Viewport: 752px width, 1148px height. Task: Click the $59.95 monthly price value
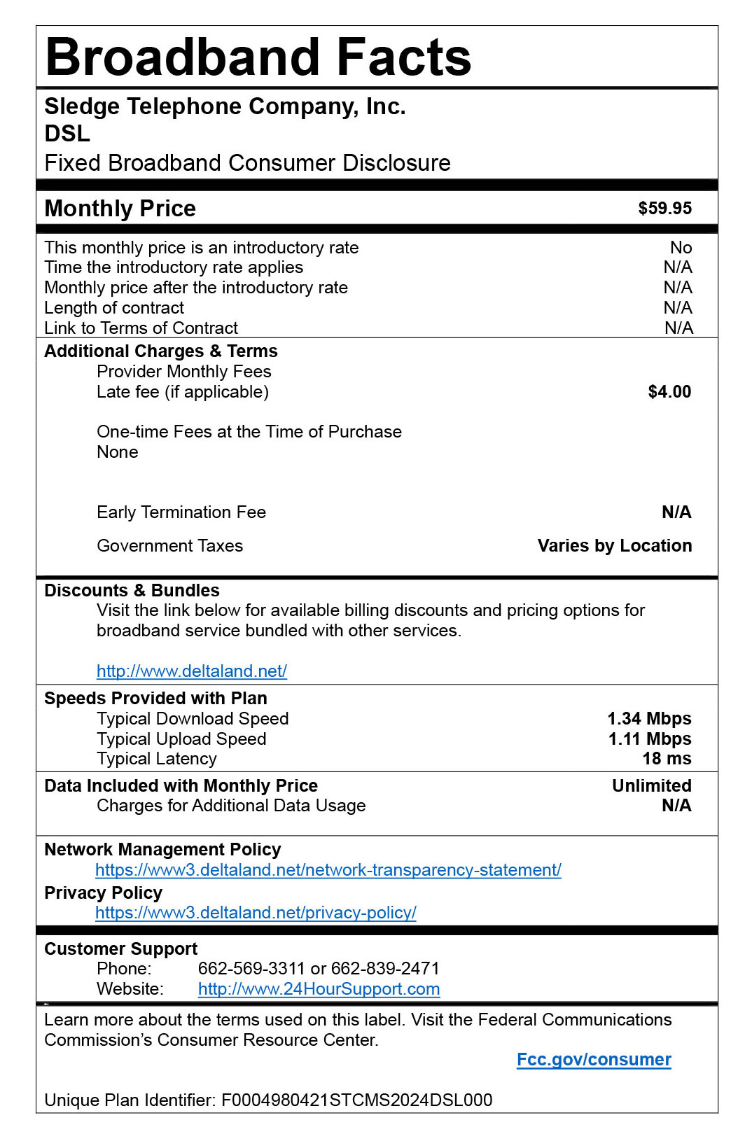click(x=664, y=209)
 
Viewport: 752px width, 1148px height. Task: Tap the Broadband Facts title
click(x=258, y=57)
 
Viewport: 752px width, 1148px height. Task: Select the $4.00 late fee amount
click(x=669, y=392)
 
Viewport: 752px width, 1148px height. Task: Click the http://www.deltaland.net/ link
click(x=191, y=671)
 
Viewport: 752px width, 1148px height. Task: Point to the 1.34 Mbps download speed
click(x=648, y=719)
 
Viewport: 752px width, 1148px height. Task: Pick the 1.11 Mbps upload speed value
click(x=649, y=739)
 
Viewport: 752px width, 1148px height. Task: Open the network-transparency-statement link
click(x=328, y=870)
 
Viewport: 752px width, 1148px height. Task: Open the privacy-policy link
click(x=256, y=913)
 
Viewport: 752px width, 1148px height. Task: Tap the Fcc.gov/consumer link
click(x=593, y=1060)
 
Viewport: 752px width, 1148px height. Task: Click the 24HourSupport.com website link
click(x=319, y=989)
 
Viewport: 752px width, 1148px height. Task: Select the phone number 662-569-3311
click(x=251, y=969)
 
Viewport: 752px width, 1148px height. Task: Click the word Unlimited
click(x=651, y=786)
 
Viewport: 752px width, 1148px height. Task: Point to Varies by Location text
click(x=614, y=546)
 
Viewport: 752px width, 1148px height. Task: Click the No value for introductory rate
click(x=680, y=248)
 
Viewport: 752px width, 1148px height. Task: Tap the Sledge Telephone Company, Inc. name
click(x=225, y=106)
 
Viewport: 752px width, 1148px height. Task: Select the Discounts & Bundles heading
click(x=132, y=591)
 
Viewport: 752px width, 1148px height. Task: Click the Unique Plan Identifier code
click(x=356, y=1100)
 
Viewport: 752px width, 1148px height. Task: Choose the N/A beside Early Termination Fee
click(x=676, y=512)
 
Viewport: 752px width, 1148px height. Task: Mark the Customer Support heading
click(x=120, y=949)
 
